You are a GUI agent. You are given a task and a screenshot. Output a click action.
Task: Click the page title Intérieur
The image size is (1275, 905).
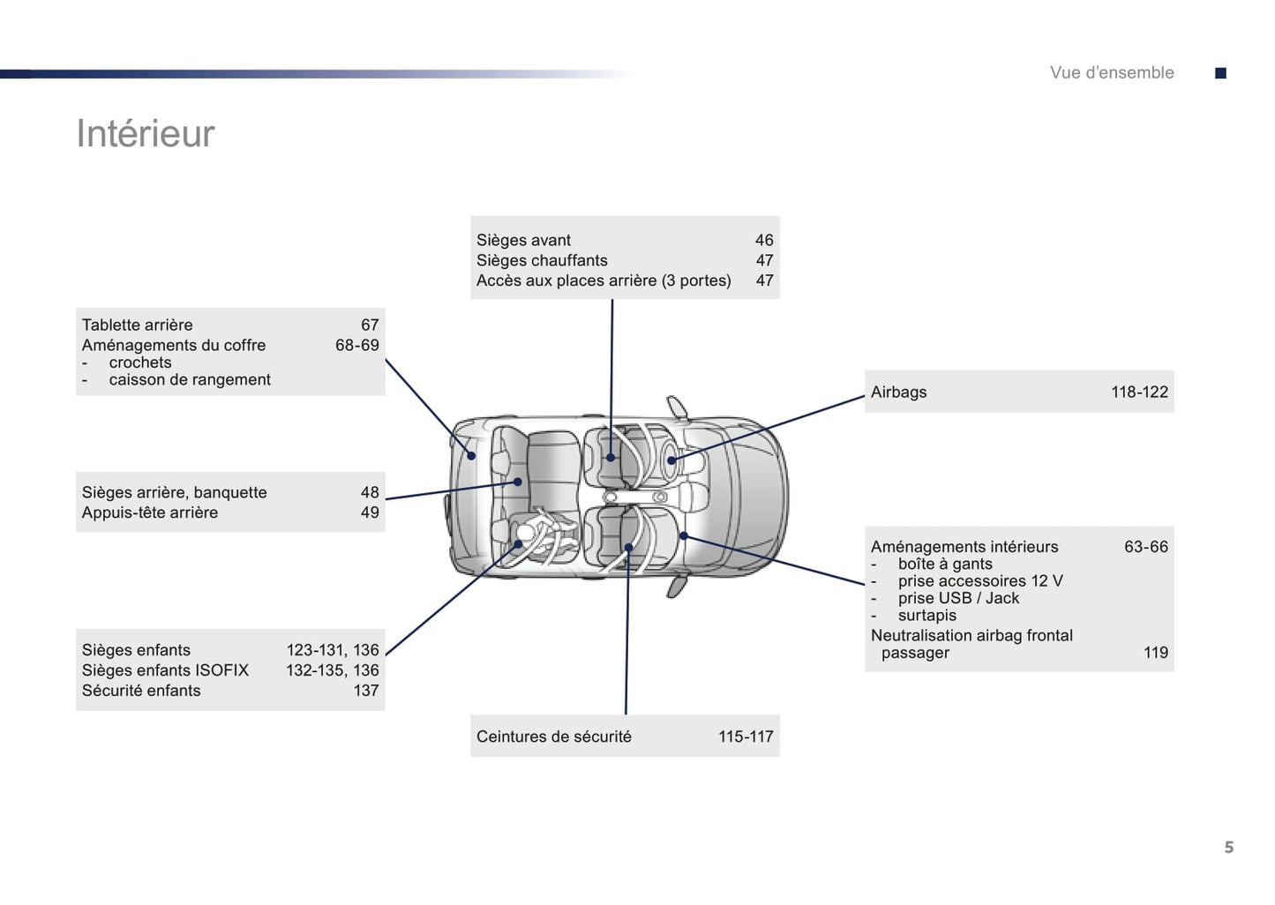click(146, 134)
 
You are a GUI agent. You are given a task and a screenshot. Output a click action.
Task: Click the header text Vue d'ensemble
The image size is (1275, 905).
click(1112, 73)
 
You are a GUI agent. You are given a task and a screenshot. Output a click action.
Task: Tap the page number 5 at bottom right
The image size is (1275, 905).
click(1228, 848)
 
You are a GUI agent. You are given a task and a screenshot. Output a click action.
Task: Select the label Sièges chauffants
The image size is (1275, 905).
click(542, 260)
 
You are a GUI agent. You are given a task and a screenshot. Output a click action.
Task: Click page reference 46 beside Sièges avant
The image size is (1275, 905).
click(763, 240)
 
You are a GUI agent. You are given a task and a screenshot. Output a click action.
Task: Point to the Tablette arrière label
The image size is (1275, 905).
click(137, 325)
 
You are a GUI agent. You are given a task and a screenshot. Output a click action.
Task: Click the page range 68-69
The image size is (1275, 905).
click(356, 345)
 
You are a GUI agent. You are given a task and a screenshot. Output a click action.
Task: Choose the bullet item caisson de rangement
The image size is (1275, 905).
click(189, 379)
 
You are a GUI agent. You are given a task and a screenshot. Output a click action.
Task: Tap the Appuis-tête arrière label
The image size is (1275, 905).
click(149, 512)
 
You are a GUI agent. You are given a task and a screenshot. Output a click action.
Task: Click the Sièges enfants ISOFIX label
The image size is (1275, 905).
click(165, 670)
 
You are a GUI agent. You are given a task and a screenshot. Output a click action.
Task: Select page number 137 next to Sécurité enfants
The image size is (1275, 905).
click(366, 691)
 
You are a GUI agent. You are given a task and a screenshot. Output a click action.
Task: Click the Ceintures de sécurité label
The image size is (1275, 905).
click(553, 737)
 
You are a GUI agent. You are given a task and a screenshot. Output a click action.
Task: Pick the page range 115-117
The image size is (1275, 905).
click(745, 737)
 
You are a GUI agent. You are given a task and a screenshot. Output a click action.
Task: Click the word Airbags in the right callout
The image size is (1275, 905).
click(898, 393)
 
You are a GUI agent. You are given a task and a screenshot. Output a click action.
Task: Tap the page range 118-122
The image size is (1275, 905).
click(1138, 393)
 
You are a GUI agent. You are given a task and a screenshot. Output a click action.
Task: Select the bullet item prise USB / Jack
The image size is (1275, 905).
click(958, 598)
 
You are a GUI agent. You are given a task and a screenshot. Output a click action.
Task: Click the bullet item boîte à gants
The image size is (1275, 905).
click(944, 564)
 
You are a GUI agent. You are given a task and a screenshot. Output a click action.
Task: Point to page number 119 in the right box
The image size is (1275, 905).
click(1155, 653)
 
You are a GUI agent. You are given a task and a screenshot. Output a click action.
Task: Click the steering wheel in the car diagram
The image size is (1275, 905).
click(671, 460)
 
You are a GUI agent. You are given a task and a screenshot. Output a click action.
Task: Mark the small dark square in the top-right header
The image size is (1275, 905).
click(1220, 73)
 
